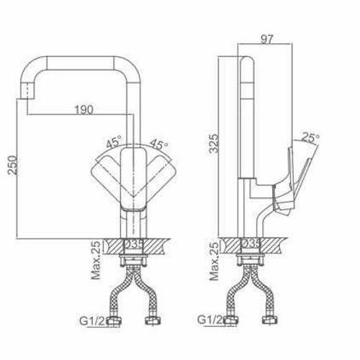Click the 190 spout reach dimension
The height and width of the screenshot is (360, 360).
point(84,110)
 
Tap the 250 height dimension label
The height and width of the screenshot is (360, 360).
point(13,166)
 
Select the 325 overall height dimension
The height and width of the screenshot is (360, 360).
point(214,143)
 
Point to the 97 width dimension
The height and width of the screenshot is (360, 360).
point(267,40)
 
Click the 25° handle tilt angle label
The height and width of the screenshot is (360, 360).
point(310,137)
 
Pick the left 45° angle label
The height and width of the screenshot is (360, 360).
point(114,143)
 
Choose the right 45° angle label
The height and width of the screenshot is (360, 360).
point(159,143)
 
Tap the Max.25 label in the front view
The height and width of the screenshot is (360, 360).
point(96,260)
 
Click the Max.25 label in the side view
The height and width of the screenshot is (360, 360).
point(215,261)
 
